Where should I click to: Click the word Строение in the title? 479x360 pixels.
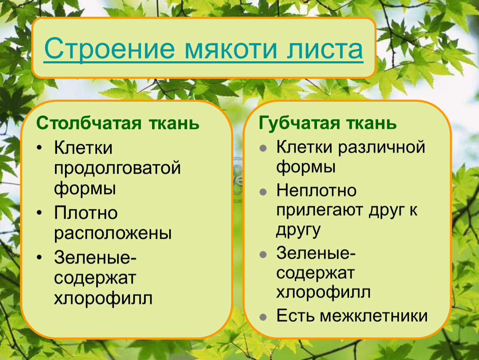coord(110,49)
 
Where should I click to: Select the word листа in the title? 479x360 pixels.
coord(325,49)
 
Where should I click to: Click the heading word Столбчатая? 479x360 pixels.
coord(89,123)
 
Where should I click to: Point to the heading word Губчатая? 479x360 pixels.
coord(299,123)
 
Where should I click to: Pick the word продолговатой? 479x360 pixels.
coord(117,169)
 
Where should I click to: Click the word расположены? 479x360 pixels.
coord(113,234)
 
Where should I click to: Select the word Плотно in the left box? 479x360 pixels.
coord(86,212)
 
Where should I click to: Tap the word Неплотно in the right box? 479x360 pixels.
coord(317,190)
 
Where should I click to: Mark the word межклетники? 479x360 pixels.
coord(374,316)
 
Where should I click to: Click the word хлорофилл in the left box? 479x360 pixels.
coord(103,299)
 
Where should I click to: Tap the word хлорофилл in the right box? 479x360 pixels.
coord(324,292)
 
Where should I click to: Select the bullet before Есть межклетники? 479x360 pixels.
coord(263,317)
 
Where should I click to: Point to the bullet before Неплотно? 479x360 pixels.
coord(263,192)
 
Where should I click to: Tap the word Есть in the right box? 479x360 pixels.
coord(295,316)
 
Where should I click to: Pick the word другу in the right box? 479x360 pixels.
coord(299,231)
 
